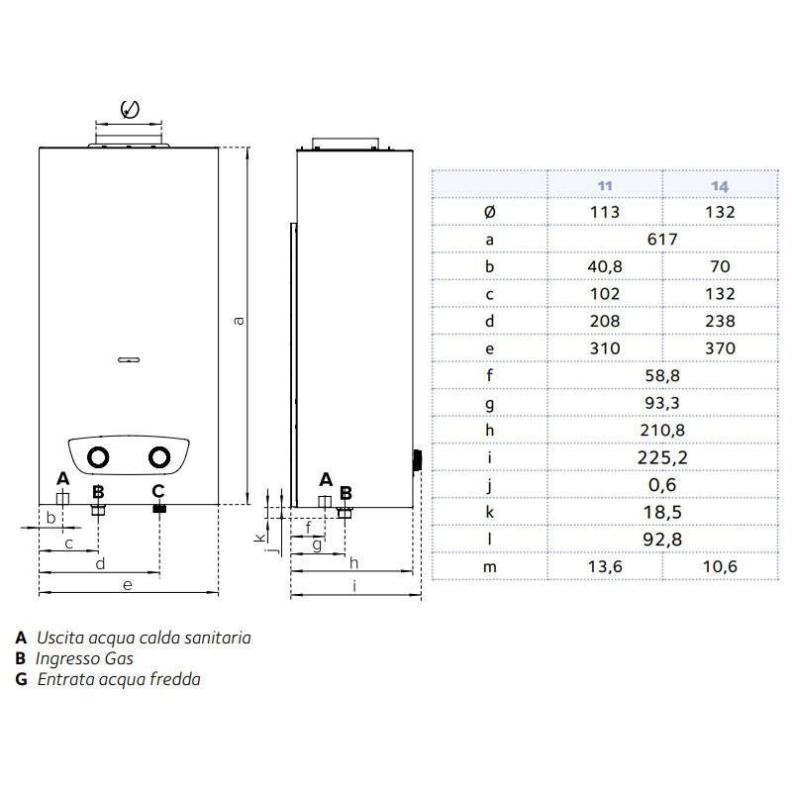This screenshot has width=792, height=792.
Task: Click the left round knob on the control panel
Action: (99, 458)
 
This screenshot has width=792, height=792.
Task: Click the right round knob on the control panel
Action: (158, 458)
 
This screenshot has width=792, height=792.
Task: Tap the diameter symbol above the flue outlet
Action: (129, 108)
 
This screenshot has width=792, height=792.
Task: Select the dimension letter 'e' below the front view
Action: (127, 585)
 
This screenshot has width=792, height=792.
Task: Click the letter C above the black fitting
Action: (158, 490)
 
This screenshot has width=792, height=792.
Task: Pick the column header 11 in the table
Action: (604, 185)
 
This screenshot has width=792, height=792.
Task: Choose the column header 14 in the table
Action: (720, 185)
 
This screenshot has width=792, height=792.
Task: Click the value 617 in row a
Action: (662, 240)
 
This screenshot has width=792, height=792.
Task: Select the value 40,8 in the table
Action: (604, 266)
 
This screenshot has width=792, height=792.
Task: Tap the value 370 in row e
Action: (720, 348)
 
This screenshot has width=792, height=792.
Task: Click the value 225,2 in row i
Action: (662, 457)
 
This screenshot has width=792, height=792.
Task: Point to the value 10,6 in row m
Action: (720, 566)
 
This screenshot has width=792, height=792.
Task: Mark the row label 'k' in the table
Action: (489, 512)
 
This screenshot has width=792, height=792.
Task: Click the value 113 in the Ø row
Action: (604, 212)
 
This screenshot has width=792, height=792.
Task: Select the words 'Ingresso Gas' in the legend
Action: (84, 658)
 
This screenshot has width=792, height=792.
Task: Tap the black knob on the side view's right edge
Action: (417, 460)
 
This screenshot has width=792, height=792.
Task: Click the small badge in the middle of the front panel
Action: (129, 359)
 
